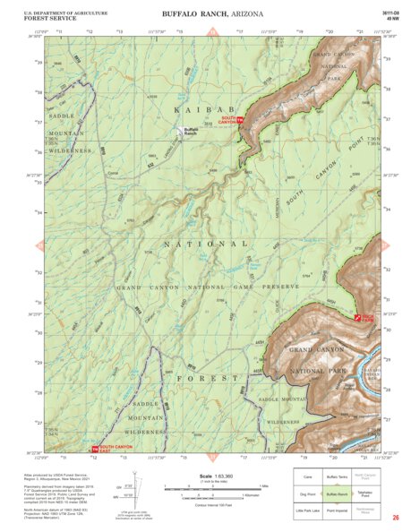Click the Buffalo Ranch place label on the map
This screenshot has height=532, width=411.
[190, 131]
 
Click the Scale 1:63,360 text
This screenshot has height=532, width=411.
[211, 476]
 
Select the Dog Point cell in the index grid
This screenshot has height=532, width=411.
[307, 493]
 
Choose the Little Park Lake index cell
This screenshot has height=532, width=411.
[307, 510]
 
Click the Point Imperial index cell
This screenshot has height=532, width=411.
[337, 510]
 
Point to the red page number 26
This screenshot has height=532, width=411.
[396, 518]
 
